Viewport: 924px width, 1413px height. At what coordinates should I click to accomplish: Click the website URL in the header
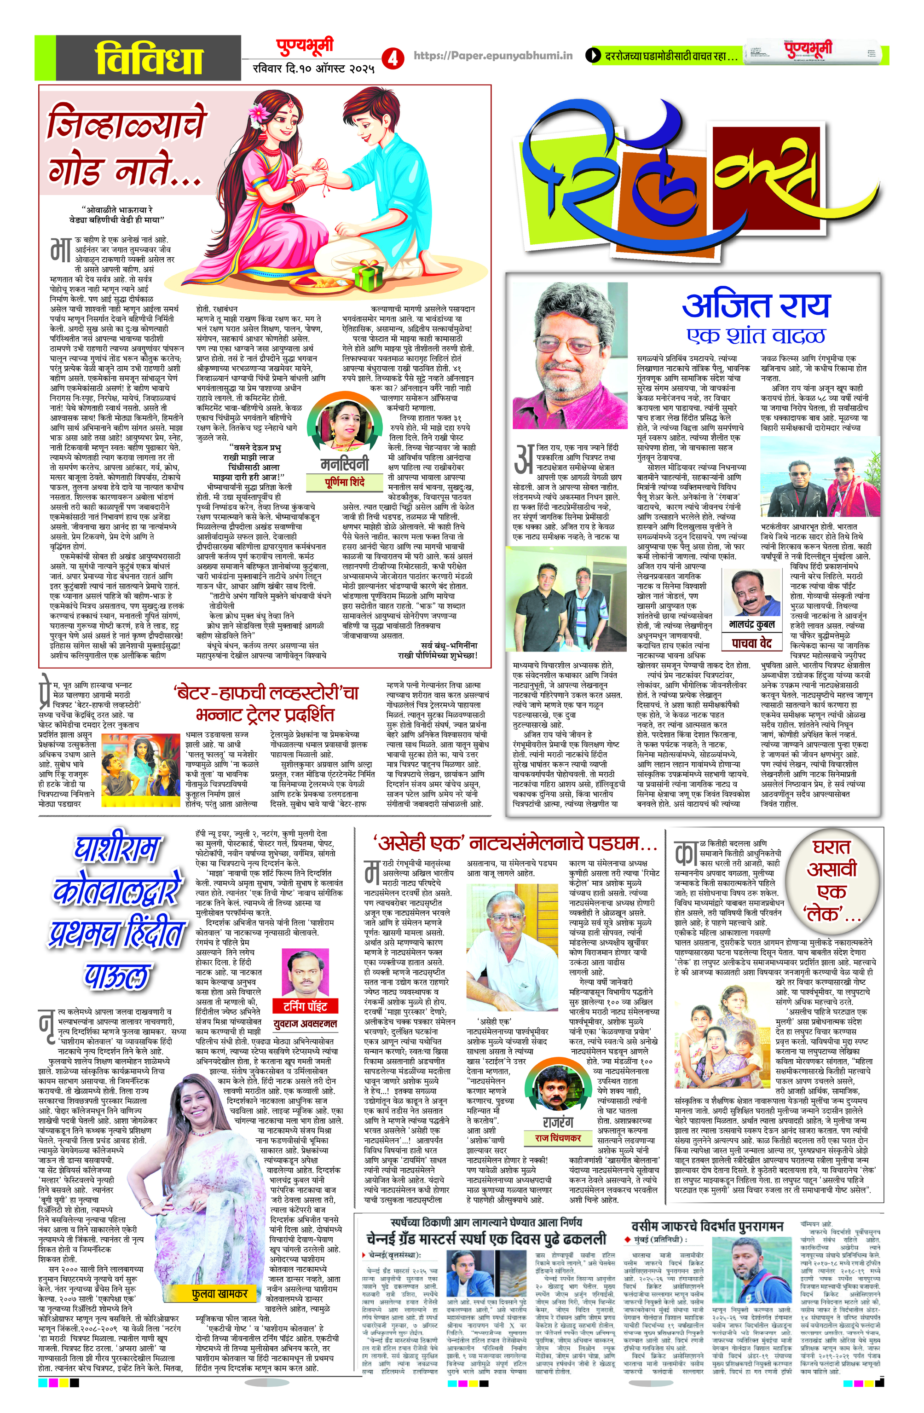pos(492,55)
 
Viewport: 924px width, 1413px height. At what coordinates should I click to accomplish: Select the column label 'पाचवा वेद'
pos(752,643)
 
